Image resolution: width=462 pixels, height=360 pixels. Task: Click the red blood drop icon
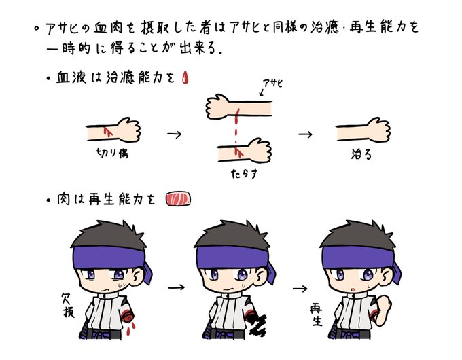pos(185,77)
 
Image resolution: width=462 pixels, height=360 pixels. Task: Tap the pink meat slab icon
pos(178,198)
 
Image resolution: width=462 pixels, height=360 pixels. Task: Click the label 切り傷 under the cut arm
pos(112,153)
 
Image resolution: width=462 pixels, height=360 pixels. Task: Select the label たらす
pos(245,173)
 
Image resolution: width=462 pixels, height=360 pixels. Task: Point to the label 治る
pos(361,154)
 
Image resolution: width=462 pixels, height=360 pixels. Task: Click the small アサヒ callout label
pos(272,84)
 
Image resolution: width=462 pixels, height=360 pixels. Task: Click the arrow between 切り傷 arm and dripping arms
pos(175,134)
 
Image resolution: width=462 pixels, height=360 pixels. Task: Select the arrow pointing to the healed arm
pos(306,134)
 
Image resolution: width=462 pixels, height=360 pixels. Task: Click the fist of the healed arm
pos(378,130)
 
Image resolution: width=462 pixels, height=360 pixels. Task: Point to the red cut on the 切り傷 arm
pos(108,132)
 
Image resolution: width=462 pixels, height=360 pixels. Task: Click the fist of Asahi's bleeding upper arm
pos(217,106)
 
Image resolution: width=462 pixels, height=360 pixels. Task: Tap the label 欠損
pos(69,305)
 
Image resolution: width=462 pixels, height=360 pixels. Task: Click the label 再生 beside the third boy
pos(317,315)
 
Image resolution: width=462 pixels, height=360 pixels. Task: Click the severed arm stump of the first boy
pos(128,317)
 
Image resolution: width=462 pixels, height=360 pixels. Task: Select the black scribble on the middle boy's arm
pos(256,323)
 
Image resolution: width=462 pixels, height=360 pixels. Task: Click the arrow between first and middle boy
pos(177,287)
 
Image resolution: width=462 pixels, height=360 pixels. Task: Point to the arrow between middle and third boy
pos(300,289)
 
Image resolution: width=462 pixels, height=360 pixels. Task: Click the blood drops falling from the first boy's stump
pos(131,329)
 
